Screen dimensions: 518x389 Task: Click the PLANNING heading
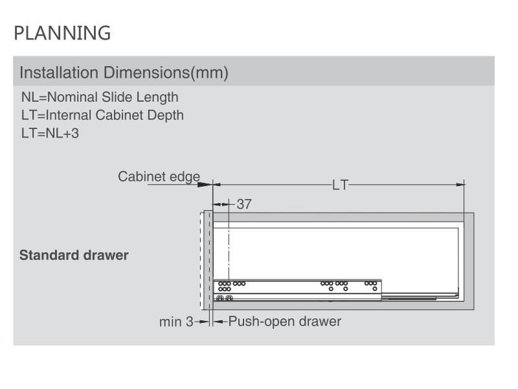(x=62, y=33)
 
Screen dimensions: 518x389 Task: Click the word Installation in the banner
(x=59, y=73)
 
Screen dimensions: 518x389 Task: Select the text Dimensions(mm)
(x=166, y=73)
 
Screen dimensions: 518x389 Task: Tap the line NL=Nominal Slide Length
(x=100, y=97)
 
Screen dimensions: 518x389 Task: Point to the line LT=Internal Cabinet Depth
(x=102, y=115)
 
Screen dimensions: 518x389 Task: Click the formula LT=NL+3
(x=50, y=134)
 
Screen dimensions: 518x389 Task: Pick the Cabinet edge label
(x=159, y=176)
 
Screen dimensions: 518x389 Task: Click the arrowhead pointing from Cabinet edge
(x=205, y=185)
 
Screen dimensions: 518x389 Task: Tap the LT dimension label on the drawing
(x=341, y=185)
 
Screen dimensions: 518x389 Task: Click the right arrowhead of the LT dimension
(x=460, y=185)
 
